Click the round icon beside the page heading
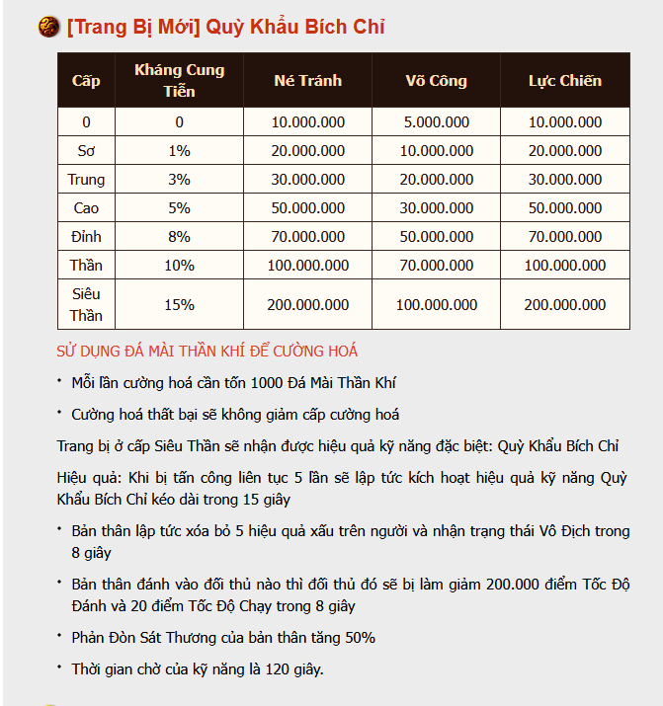tap(48, 27)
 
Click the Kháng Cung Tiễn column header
tap(179, 80)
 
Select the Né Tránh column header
tap(307, 80)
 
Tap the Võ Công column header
tap(436, 80)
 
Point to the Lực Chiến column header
tap(564, 80)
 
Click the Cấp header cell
tap(86, 80)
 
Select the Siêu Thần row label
tap(86, 304)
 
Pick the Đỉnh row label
tap(86, 237)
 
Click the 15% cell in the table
tap(179, 304)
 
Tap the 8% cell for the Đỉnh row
tap(179, 237)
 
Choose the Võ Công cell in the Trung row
tap(436, 180)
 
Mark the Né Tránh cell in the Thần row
tap(307, 266)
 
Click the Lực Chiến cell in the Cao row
tap(564, 208)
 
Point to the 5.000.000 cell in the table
tap(436, 122)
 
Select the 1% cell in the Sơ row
tap(179, 151)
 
